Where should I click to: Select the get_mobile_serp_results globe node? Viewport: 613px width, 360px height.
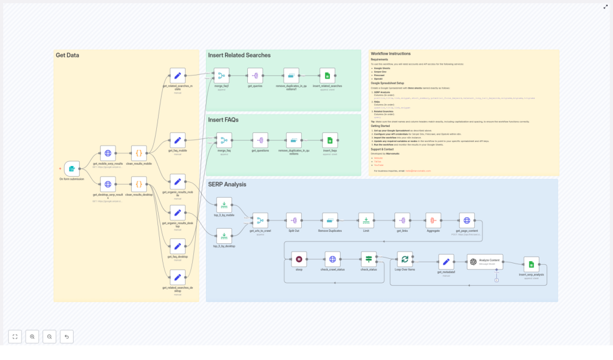(x=108, y=153)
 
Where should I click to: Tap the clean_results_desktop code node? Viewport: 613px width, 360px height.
(x=139, y=184)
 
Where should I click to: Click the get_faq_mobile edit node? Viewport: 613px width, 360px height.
(x=177, y=140)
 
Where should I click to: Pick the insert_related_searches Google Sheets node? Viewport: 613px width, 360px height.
(x=327, y=75)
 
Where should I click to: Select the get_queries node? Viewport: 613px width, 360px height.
(x=256, y=75)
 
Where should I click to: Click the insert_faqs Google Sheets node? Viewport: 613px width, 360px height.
(x=330, y=140)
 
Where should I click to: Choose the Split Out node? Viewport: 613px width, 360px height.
(x=294, y=220)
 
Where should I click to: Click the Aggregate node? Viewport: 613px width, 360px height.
(x=433, y=220)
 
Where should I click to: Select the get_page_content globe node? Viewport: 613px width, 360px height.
(x=467, y=220)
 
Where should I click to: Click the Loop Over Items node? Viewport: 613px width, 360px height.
(x=405, y=259)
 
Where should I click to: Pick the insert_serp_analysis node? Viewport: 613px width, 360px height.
(x=531, y=264)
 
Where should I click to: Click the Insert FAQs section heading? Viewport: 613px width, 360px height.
(x=223, y=120)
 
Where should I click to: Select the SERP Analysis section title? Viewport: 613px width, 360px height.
(x=227, y=184)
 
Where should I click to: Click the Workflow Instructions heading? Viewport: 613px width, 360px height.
(x=391, y=54)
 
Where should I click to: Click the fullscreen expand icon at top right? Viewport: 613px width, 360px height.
(x=605, y=7)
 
